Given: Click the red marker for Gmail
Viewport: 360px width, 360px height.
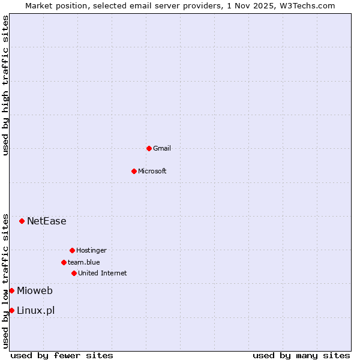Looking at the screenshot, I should pos(149,148).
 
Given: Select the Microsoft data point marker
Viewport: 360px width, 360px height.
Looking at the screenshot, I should pos(134,171).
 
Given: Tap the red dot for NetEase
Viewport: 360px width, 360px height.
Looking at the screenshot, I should pos(22,221).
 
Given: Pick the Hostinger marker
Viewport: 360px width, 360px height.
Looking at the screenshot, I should pos(72,250).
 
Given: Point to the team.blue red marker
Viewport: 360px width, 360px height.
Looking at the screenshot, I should pos(64,262).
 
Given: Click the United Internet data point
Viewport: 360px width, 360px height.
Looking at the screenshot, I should pos(74,273).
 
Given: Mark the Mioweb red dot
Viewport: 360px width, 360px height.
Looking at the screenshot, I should pos(11,290).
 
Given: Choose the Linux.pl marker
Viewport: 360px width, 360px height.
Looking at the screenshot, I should pos(11,310).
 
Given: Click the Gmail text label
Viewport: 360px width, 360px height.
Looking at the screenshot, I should pos(162,148).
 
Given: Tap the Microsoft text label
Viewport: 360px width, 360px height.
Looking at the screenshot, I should pos(152,171).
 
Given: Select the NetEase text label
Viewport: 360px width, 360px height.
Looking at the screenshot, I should pos(47,221).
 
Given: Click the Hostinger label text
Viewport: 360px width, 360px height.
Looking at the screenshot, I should pos(91,250).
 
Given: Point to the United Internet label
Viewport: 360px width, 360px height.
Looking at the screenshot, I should pos(103,273).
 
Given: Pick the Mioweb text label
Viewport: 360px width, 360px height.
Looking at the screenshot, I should pos(35,291).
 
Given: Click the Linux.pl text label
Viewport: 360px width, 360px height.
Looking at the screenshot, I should pos(36,310).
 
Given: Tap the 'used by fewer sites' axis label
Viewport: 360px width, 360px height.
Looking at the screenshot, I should pos(62,355).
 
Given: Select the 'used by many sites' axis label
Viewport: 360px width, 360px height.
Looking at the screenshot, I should pos(301,355).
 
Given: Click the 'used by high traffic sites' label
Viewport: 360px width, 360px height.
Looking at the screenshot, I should pos(5,85).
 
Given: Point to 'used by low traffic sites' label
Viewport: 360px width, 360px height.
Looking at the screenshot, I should pos(5,280).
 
